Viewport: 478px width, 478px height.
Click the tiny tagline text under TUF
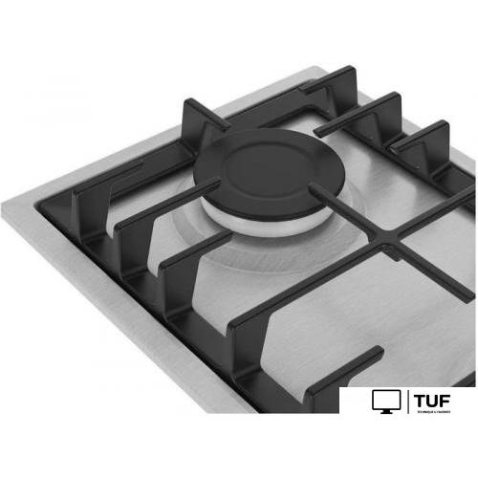tap(435, 411)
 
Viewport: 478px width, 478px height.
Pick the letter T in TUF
tap(422, 399)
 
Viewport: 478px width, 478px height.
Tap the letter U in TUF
tap(435, 399)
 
